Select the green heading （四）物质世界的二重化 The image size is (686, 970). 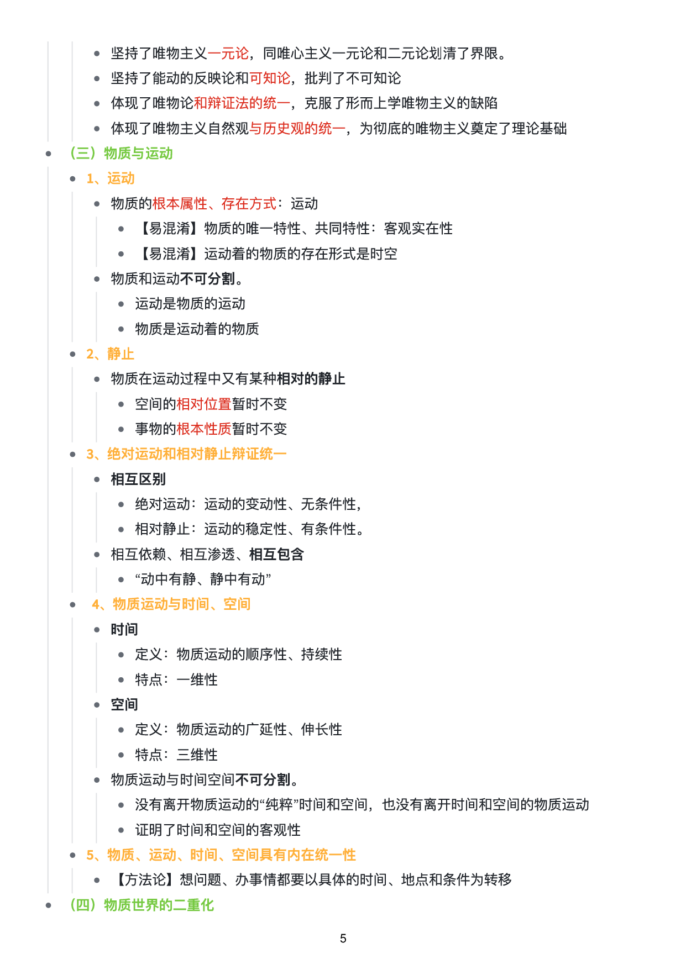coord(141,905)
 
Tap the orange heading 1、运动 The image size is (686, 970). coord(111,178)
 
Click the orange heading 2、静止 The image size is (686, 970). coord(111,354)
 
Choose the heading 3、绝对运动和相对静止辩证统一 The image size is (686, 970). coord(186,454)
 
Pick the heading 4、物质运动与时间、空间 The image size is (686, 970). coord(171,604)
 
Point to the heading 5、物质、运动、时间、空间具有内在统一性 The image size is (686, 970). coord(221,855)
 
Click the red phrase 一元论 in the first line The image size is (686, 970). coord(228,54)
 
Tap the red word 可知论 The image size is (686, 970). coord(269,78)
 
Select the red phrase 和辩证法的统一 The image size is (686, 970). coord(242,103)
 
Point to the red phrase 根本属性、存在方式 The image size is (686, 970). coord(214,204)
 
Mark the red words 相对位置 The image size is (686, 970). coord(203,404)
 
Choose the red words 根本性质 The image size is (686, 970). coord(203,429)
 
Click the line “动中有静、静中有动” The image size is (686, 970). coord(203,579)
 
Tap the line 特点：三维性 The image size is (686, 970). coord(176,755)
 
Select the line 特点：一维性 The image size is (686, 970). coord(176,680)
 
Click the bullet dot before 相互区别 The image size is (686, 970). coord(97,479)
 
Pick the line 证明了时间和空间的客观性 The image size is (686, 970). coord(218,830)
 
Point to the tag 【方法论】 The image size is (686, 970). coord(145,880)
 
